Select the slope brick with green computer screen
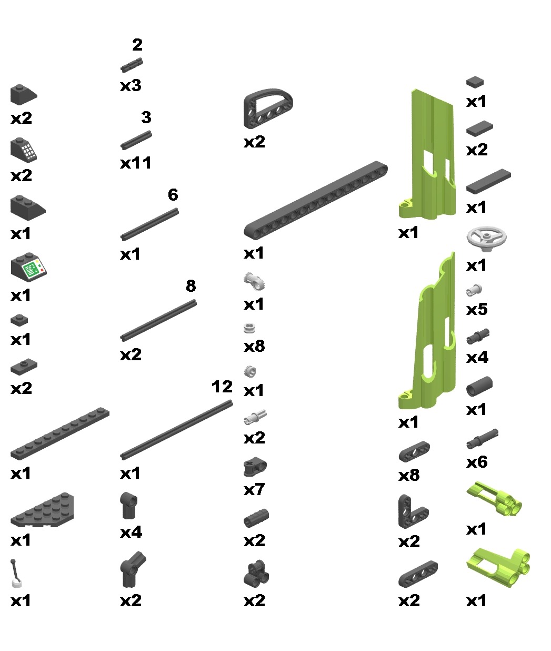coord(28,267)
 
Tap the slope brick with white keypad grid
coord(24,150)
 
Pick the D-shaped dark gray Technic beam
coord(268,108)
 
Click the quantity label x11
coord(136,163)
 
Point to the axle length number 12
coord(222,387)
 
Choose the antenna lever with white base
coord(16,573)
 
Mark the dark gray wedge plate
coord(42,510)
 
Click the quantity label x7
coord(254,489)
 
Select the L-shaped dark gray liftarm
coord(409,512)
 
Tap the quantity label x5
coord(477,309)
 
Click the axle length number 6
coord(173,195)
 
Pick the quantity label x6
coord(477,462)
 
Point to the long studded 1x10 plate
coord(60,433)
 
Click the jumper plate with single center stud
coord(24,368)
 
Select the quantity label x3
coord(131,86)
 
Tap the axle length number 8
coord(191,285)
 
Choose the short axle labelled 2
coord(132,65)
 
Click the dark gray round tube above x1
coord(479,386)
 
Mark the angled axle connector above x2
coord(132,570)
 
